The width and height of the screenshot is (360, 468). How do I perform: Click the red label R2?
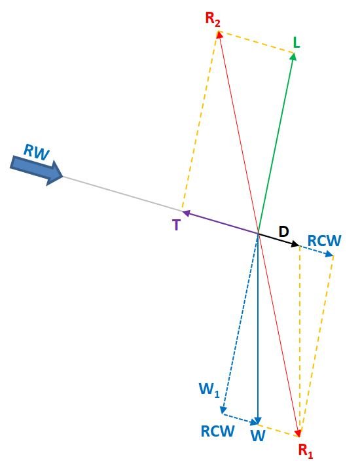(x=213, y=20)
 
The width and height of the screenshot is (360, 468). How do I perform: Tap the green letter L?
(x=296, y=43)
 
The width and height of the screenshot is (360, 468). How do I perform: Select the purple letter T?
(x=177, y=225)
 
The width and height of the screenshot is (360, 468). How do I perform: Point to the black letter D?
(x=283, y=231)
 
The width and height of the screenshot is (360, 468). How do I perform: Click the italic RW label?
(x=36, y=152)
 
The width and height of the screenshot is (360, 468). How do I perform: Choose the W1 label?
(x=209, y=389)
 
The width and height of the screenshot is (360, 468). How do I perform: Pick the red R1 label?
(x=306, y=451)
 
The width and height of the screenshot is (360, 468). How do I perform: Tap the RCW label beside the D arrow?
(x=324, y=241)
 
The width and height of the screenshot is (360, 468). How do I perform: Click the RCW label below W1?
(x=217, y=431)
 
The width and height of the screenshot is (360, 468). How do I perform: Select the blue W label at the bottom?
(x=258, y=436)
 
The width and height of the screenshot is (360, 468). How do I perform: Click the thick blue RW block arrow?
(x=37, y=170)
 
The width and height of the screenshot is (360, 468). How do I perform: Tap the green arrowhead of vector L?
(x=293, y=56)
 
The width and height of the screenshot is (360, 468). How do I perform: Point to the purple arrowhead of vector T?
(x=187, y=213)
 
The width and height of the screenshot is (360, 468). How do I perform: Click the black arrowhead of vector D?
(x=295, y=244)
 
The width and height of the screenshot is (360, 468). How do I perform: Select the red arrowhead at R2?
(x=220, y=35)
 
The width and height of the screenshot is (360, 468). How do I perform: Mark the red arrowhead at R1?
(x=298, y=433)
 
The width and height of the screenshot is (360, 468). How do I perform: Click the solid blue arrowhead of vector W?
(x=258, y=421)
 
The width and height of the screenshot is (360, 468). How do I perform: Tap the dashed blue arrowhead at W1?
(x=223, y=410)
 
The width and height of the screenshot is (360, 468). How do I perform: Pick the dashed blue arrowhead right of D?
(x=329, y=254)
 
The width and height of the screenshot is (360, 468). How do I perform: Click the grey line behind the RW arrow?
(x=122, y=194)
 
